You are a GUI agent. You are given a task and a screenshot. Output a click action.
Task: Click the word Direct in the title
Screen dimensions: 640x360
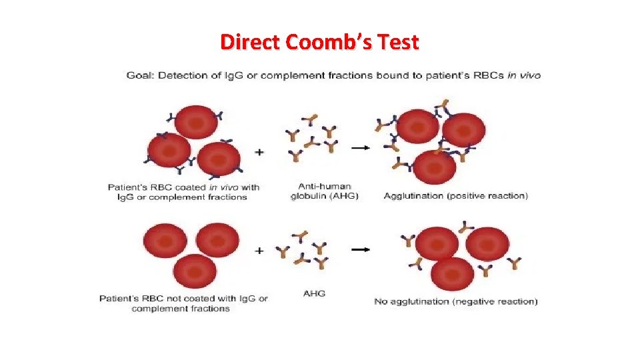point(251,43)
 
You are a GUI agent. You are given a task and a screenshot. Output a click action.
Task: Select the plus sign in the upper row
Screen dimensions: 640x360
point(259,152)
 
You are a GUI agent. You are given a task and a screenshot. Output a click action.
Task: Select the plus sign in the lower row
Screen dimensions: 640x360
point(259,251)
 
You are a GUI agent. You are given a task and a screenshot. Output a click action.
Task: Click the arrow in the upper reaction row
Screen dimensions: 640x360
point(360,147)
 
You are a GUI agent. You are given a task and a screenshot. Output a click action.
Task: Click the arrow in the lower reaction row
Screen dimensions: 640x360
point(361,249)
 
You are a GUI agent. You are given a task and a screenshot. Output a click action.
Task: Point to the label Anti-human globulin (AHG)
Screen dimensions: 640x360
point(325,191)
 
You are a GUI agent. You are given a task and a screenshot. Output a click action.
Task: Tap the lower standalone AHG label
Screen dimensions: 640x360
point(314,293)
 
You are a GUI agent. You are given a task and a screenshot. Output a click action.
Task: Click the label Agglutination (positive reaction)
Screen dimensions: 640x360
point(455,196)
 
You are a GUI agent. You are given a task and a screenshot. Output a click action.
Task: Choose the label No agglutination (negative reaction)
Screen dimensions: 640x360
point(455,301)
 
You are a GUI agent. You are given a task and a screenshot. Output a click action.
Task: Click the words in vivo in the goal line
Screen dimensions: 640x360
point(523,75)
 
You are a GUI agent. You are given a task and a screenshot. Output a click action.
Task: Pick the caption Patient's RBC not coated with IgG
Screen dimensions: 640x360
point(183,303)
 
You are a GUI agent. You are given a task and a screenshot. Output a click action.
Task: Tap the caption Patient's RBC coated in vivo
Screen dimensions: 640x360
point(183,192)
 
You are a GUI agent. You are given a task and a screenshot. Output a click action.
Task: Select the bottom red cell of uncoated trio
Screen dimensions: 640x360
point(195,271)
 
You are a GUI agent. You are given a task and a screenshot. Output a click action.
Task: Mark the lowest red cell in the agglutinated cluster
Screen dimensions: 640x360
point(434,168)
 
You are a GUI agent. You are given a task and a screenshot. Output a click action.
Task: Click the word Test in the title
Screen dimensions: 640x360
point(397,43)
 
